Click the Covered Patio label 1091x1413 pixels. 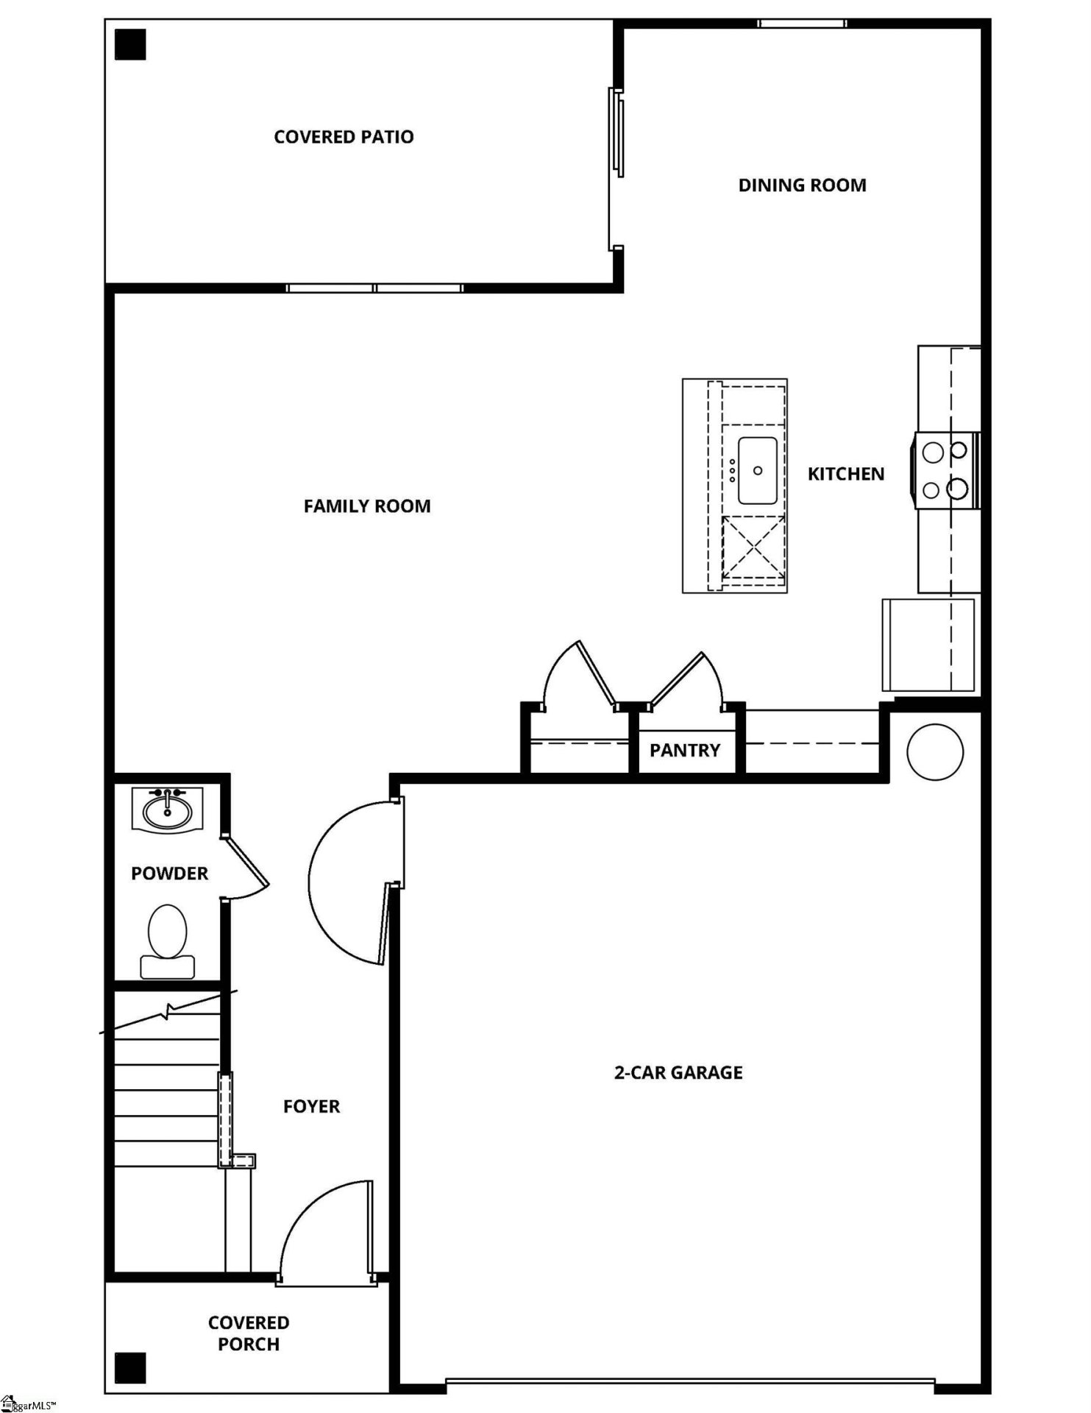344,137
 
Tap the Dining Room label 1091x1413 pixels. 802,185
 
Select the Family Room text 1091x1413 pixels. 367,506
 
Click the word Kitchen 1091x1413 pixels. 846,474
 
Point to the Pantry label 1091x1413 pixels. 684,751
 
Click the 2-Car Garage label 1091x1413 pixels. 678,1072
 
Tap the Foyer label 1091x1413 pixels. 311,1107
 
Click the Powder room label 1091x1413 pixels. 169,874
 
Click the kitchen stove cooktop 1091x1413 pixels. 946,470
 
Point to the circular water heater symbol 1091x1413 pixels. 935,752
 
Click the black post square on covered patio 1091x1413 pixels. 131,45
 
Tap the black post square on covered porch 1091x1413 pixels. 130,1367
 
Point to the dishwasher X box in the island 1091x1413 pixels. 753,548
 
